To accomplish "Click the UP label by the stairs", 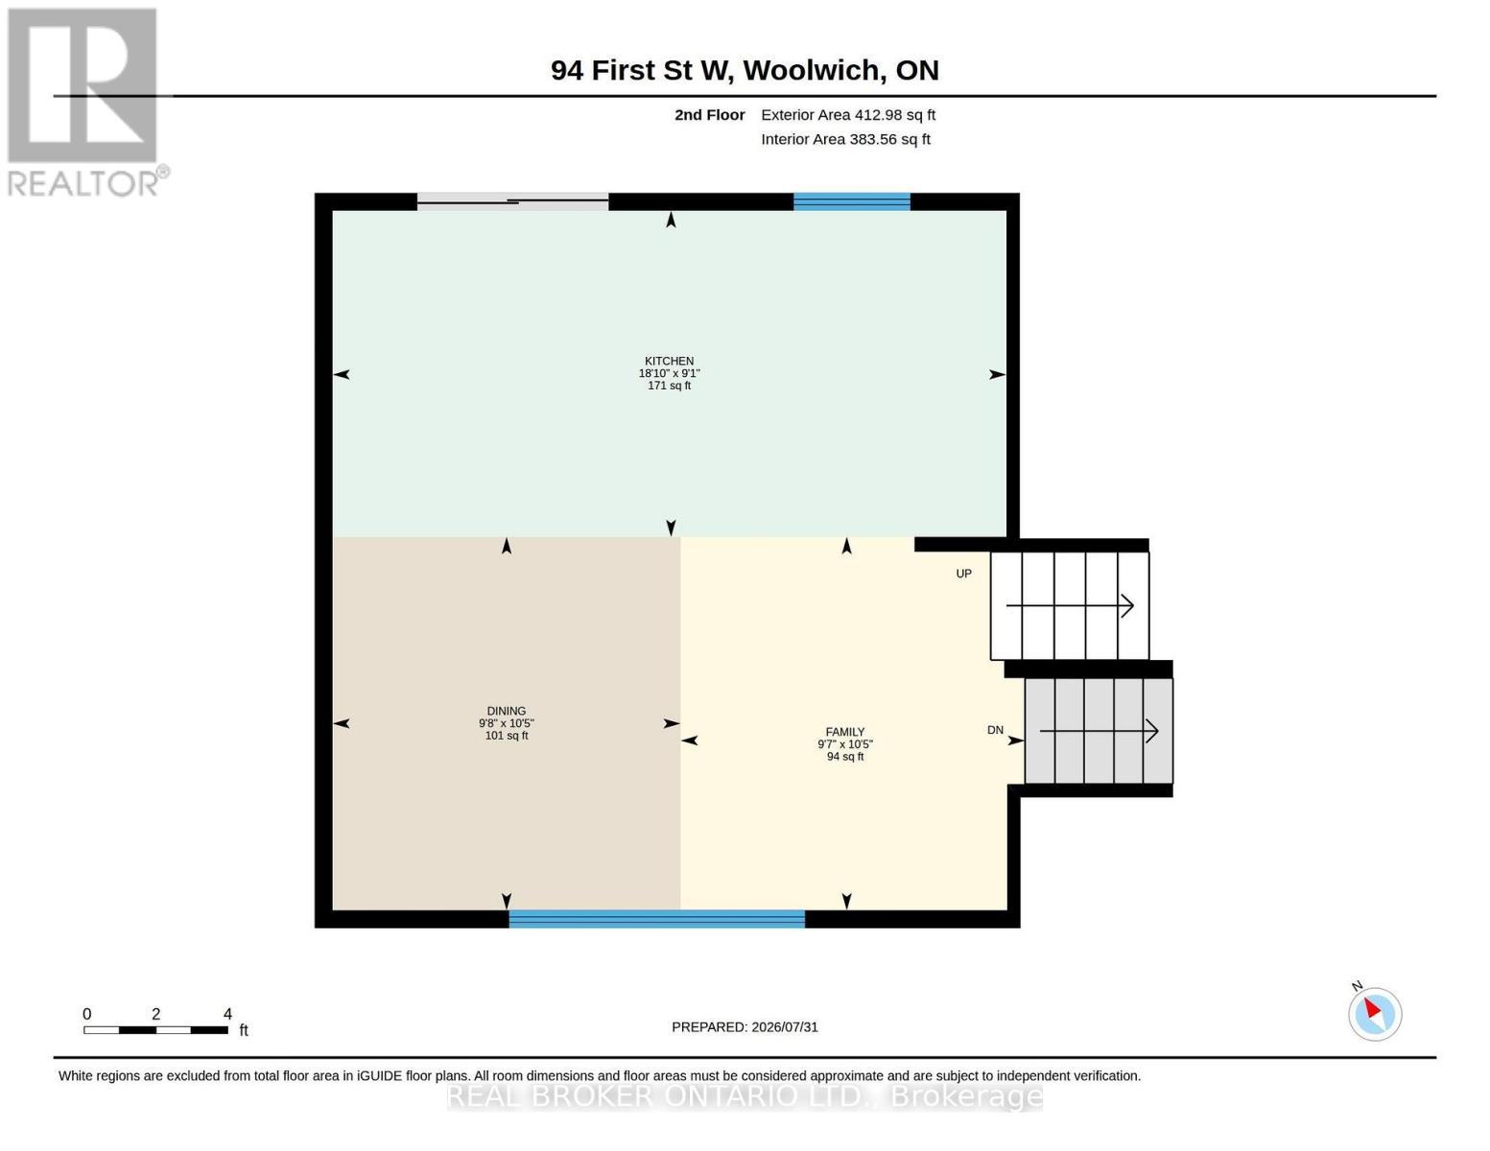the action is pyautogui.click(x=963, y=573).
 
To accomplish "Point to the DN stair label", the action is pyautogui.click(x=995, y=730).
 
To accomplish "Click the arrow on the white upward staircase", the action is pyautogui.click(x=1070, y=605).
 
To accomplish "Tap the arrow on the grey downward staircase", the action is pyautogui.click(x=1100, y=731).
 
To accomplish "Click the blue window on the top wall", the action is pyautogui.click(x=852, y=201).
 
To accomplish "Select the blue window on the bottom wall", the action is pyautogui.click(x=656, y=919).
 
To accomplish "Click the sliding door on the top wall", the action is pyautogui.click(x=512, y=200).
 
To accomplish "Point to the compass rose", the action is pyautogui.click(x=1374, y=1014).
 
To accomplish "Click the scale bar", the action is pyautogui.click(x=155, y=1029).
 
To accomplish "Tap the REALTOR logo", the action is pyautogui.click(x=85, y=103).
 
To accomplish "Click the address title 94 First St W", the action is pyautogui.click(x=745, y=70).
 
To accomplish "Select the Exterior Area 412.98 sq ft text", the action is pyautogui.click(x=848, y=115).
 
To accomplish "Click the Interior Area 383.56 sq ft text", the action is pyautogui.click(x=845, y=139).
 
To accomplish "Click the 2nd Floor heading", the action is pyautogui.click(x=710, y=115).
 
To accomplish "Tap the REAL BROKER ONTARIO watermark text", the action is pyautogui.click(x=745, y=1096).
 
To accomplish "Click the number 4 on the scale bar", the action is pyautogui.click(x=227, y=1013).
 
